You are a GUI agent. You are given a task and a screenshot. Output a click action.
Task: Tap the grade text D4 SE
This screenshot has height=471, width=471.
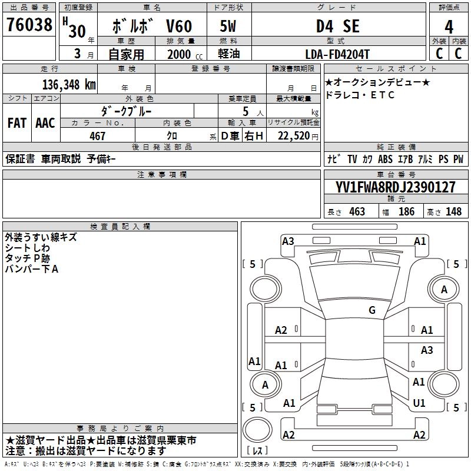[x=337, y=27]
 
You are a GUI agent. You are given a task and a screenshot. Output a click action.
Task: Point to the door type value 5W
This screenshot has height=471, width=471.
[x=229, y=27]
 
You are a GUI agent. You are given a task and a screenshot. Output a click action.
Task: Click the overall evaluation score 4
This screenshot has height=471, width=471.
[x=449, y=27]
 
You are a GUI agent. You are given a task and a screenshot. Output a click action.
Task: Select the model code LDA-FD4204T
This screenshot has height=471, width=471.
[x=337, y=54]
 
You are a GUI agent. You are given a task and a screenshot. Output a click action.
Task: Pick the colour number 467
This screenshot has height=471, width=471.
[x=98, y=136]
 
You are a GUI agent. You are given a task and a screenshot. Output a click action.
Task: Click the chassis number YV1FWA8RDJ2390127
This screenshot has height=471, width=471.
[x=396, y=188]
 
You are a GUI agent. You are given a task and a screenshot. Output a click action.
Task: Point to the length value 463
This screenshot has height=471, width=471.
[x=357, y=211]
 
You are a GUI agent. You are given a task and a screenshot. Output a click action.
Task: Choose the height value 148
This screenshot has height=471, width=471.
[x=453, y=211]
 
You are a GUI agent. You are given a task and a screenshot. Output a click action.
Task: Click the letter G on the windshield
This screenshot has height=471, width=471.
[x=372, y=310]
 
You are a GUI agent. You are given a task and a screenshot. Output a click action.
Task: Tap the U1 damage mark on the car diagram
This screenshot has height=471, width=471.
[x=419, y=403]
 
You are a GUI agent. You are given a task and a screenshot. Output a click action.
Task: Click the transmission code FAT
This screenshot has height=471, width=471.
[x=17, y=123]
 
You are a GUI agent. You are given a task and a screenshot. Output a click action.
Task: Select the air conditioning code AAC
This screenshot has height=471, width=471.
[x=45, y=123]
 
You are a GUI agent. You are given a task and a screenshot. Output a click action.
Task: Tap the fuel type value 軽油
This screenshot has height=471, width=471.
[x=229, y=54]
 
